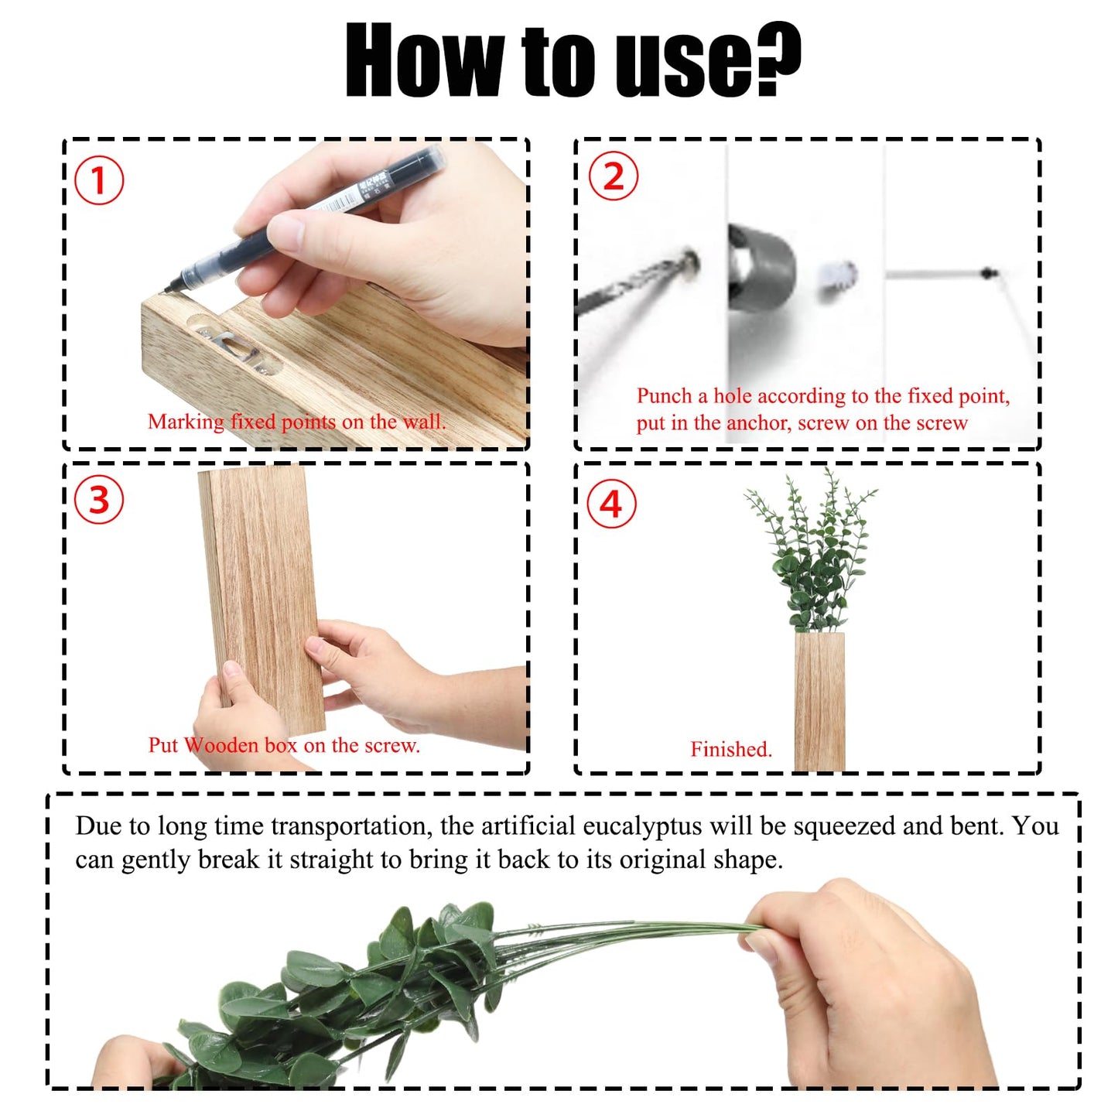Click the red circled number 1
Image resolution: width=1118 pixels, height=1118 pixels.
point(99,180)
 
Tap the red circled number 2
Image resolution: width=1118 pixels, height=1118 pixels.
point(614,176)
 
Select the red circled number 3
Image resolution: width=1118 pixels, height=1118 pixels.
point(99,500)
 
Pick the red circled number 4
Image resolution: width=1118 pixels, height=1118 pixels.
point(611,504)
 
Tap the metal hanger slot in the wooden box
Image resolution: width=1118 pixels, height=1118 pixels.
point(236,345)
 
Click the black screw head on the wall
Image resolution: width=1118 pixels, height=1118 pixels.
point(987,272)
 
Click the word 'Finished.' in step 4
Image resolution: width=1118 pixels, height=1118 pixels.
point(731,749)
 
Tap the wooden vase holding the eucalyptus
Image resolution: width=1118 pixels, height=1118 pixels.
point(819,701)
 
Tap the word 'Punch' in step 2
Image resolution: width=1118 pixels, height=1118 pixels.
point(665,396)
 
